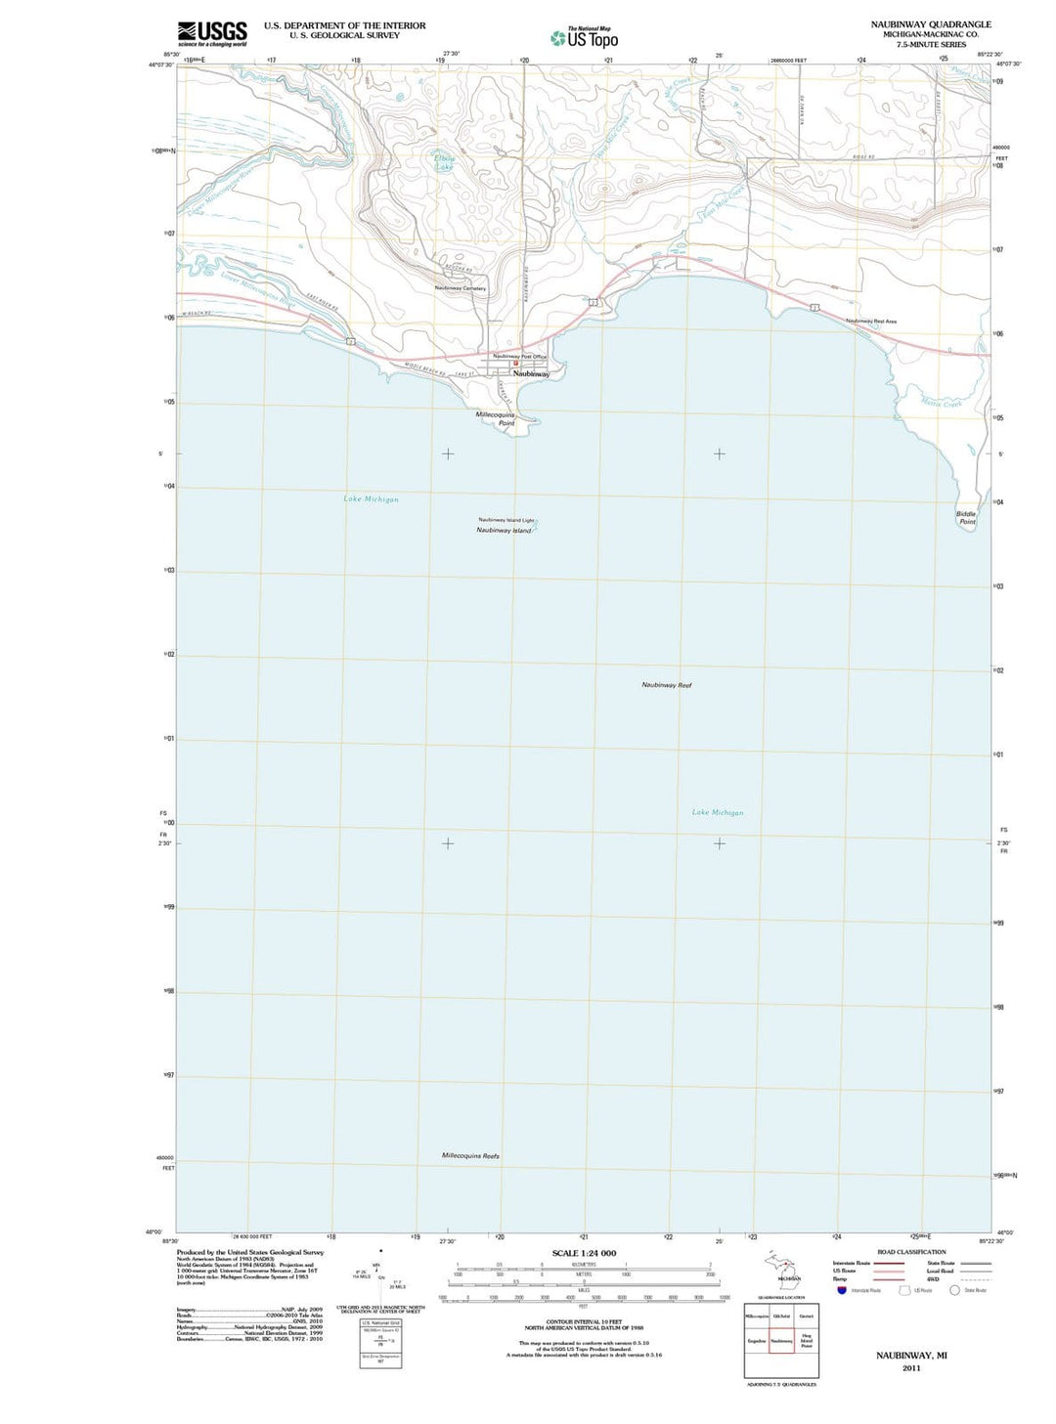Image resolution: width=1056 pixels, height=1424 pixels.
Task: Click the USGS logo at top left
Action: pyautogui.click(x=211, y=33)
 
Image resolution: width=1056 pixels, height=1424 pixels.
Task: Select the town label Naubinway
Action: pyautogui.click(x=531, y=373)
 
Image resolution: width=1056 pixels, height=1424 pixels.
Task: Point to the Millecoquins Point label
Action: pyautogui.click(x=495, y=418)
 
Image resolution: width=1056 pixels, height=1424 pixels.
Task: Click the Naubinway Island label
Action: pyautogui.click(x=504, y=531)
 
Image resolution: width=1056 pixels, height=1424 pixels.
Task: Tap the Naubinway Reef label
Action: pyautogui.click(x=666, y=685)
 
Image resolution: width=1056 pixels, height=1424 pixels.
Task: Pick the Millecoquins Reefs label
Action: pyautogui.click(x=470, y=1155)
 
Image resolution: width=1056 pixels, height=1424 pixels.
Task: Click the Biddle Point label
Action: pyautogui.click(x=966, y=517)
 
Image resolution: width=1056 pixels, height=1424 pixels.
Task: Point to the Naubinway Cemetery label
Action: pyautogui.click(x=460, y=288)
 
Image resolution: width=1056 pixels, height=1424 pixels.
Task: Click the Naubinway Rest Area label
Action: pyautogui.click(x=871, y=321)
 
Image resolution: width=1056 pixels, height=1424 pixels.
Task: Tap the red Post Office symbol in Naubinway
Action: pyautogui.click(x=515, y=364)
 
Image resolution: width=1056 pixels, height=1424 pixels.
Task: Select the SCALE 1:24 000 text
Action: pyautogui.click(x=584, y=1253)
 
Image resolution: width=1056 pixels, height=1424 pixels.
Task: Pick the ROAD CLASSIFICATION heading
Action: pyautogui.click(x=911, y=1252)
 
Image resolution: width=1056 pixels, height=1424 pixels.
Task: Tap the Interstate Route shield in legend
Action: pyautogui.click(x=841, y=1290)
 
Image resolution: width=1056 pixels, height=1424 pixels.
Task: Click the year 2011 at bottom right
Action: pyautogui.click(x=911, y=1368)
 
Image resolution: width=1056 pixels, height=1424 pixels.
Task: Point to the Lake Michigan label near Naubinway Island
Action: pyautogui.click(x=371, y=499)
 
